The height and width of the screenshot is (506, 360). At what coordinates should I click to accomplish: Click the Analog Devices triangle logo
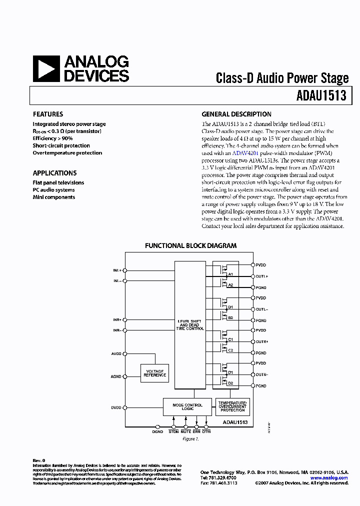(x=46, y=68)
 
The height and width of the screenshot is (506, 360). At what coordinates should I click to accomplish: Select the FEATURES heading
(x=48, y=114)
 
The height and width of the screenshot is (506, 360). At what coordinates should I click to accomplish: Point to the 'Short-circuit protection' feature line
(x=61, y=145)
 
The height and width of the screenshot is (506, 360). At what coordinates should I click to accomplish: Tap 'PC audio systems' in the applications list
(x=54, y=190)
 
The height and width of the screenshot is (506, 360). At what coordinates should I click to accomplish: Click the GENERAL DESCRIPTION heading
(x=236, y=114)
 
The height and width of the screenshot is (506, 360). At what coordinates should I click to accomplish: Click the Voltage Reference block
(x=154, y=373)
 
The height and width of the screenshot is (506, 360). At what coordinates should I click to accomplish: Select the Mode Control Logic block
(x=187, y=407)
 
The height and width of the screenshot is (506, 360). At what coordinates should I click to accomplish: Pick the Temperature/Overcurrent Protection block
(x=232, y=406)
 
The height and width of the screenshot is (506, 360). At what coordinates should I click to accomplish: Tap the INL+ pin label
(x=117, y=270)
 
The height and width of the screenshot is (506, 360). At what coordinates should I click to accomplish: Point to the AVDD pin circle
(x=125, y=353)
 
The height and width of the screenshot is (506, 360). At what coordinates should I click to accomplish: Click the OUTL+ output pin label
(x=262, y=276)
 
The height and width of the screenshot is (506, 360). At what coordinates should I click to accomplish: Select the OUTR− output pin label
(x=262, y=374)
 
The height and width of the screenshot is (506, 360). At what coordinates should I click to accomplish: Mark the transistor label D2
(x=230, y=383)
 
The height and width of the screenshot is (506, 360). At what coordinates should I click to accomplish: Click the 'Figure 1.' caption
(x=190, y=439)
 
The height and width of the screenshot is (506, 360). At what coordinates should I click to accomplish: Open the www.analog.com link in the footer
(x=328, y=478)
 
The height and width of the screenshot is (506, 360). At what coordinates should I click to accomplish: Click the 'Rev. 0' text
(x=39, y=460)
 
